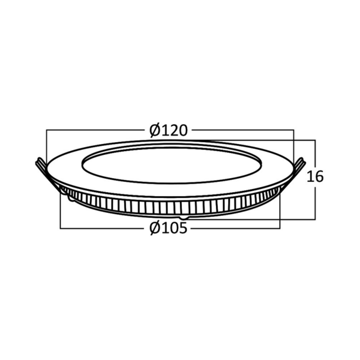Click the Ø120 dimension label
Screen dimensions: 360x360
[169, 130]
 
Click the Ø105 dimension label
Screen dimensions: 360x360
[169, 228]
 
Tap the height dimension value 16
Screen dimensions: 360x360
[315, 176]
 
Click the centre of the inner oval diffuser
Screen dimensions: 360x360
[172, 165]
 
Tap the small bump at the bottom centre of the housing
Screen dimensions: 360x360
[184, 217]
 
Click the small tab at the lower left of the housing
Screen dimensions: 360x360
[71, 199]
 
